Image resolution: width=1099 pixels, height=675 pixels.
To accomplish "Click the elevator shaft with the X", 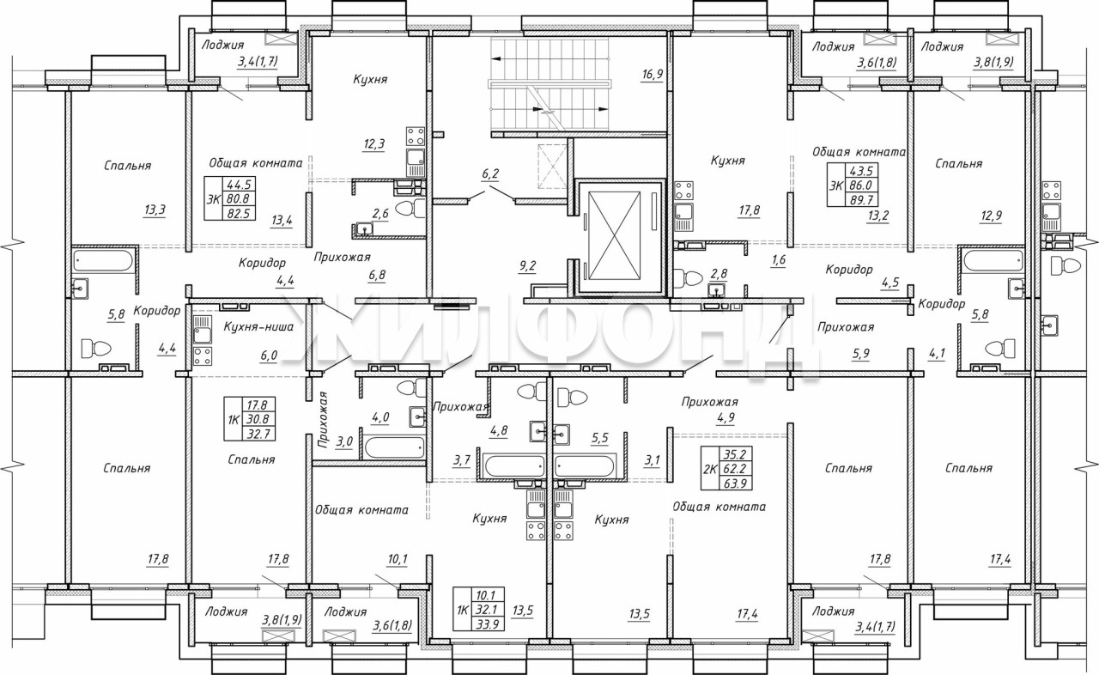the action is [x=614, y=235].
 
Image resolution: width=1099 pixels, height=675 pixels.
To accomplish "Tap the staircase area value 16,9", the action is [x=652, y=74].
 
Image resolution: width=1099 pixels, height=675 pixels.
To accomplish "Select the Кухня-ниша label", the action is [x=258, y=326].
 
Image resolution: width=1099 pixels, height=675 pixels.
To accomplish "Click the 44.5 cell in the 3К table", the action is [x=239, y=184].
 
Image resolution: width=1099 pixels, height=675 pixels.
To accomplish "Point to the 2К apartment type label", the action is [x=710, y=469].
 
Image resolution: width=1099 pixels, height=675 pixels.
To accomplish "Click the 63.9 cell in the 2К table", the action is [x=735, y=483].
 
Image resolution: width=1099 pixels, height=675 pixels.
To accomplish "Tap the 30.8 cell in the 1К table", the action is [x=258, y=419].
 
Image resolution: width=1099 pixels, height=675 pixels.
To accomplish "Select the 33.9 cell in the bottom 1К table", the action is [x=488, y=624].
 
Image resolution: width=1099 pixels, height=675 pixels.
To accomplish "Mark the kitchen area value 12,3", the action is [x=373, y=144].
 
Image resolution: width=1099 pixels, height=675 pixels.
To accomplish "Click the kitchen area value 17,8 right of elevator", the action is [x=750, y=211].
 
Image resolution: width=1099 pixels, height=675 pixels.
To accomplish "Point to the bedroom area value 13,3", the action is [x=155, y=210].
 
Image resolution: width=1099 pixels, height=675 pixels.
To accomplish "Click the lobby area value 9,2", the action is [x=527, y=266].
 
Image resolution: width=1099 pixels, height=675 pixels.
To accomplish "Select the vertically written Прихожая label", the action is [x=322, y=421].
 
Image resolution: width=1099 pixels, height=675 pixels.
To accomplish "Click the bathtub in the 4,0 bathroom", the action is [x=393, y=447].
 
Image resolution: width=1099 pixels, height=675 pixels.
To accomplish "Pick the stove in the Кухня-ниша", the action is [x=203, y=356].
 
